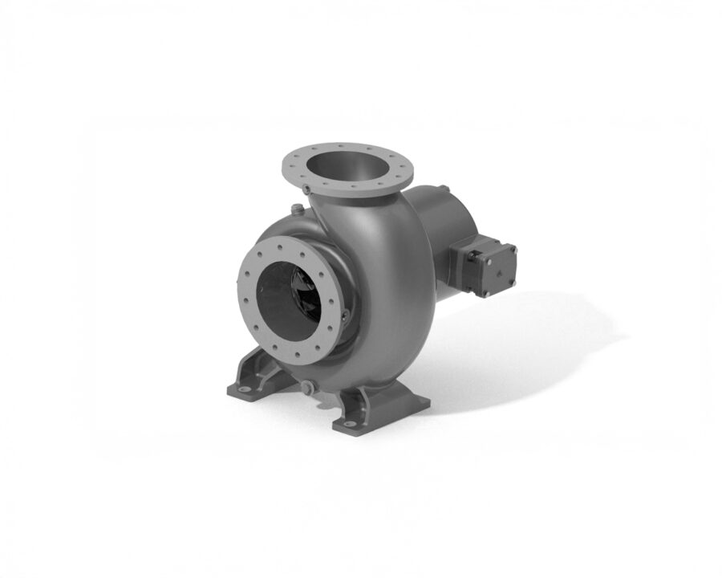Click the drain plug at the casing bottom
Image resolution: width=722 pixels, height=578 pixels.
306,388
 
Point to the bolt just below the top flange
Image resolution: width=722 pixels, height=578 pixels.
306,189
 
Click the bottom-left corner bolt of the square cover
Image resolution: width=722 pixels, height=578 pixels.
485,292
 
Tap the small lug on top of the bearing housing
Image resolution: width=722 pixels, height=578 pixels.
443,189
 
